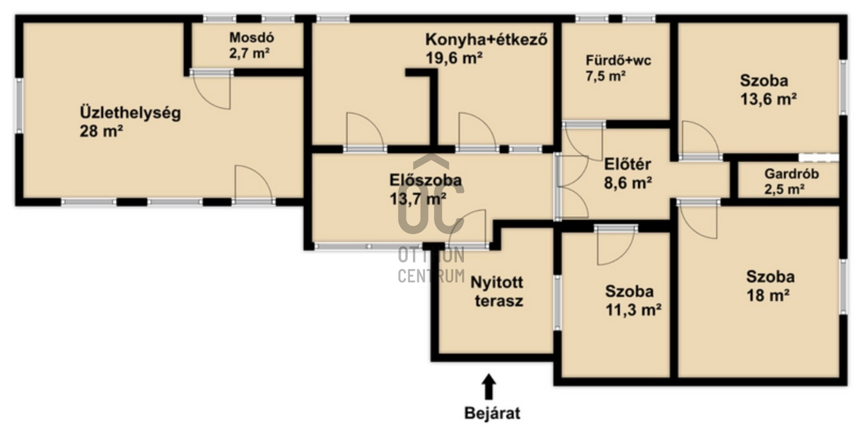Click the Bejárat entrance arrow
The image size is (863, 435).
pyautogui.click(x=489, y=386)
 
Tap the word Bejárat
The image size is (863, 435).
pyautogui.click(x=492, y=414)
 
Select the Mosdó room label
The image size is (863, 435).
pyautogui.click(x=252, y=37)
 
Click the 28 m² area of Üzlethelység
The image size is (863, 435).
pyautogui.click(x=101, y=131)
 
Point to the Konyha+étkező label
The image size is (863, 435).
pyautogui.click(x=486, y=40)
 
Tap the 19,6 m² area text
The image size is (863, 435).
pyautogui.click(x=454, y=58)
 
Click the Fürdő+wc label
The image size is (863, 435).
pyautogui.click(x=618, y=61)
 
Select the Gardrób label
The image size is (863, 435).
pyautogui.click(x=792, y=174)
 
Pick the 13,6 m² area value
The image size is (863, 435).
pyautogui.click(x=768, y=100)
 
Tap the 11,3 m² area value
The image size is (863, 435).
pyautogui.click(x=633, y=310)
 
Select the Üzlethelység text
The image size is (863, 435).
pyautogui.click(x=130, y=113)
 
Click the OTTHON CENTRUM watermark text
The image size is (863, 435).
pyautogui.click(x=431, y=266)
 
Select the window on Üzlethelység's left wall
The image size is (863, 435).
pyautogui.click(x=19, y=106)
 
